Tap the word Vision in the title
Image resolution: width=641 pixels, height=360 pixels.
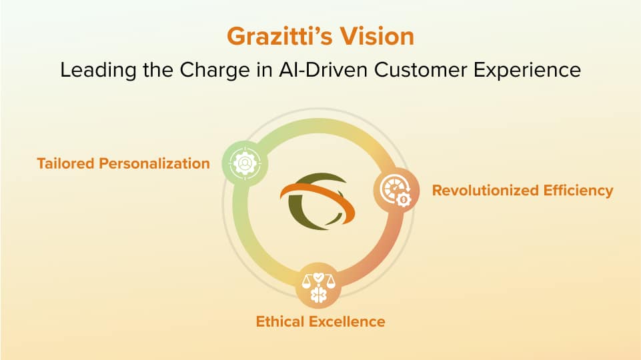click(x=378, y=37)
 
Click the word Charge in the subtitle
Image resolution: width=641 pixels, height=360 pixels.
click(x=215, y=70)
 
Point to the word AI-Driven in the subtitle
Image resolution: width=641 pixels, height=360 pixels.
click(x=324, y=69)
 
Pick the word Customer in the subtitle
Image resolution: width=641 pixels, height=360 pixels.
click(x=420, y=69)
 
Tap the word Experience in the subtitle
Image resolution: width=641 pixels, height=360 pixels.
click(x=528, y=70)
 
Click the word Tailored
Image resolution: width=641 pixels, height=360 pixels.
click(x=66, y=163)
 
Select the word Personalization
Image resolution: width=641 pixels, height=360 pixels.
click(x=155, y=163)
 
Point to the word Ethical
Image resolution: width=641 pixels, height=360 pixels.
click(x=280, y=321)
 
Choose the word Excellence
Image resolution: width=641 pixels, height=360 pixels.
click(x=347, y=321)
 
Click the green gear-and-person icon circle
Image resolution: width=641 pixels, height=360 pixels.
click(x=245, y=163)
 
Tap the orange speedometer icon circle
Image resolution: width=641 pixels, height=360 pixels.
click(x=396, y=191)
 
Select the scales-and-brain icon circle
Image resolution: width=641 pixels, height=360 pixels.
click(x=318, y=285)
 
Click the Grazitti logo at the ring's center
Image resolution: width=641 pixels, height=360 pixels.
click(x=317, y=200)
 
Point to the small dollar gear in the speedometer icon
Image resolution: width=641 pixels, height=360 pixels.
click(x=404, y=199)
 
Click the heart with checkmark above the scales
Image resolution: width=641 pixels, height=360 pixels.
click(x=318, y=277)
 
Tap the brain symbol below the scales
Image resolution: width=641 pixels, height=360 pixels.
click(x=318, y=295)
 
